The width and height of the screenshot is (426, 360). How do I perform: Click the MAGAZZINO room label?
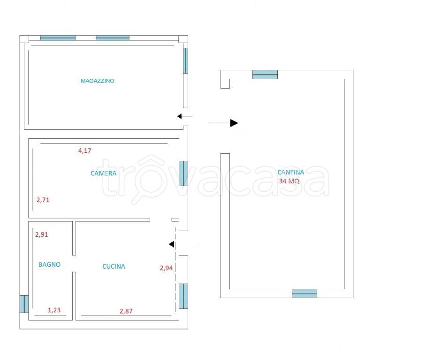(x=97, y=81)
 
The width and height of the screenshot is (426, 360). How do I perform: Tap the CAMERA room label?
(x=104, y=173)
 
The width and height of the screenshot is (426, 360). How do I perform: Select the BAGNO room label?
(x=49, y=264)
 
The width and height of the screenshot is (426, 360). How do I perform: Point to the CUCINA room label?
(x=114, y=266)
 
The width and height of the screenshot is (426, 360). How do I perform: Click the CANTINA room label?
(x=291, y=172)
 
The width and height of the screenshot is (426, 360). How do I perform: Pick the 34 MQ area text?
(x=289, y=181)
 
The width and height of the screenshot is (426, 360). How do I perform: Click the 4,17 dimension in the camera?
(x=85, y=150)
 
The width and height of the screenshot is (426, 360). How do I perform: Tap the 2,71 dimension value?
(x=43, y=200)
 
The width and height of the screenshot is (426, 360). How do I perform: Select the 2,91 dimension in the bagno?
(x=42, y=234)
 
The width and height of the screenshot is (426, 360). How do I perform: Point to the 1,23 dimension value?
(x=54, y=310)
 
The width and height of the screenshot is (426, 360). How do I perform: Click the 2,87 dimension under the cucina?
(x=126, y=311)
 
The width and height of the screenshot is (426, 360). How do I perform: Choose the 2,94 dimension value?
(x=166, y=268)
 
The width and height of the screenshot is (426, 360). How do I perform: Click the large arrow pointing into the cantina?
(x=223, y=123)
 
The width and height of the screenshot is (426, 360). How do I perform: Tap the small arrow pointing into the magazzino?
(x=185, y=116)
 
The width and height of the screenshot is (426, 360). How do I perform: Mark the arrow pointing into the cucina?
(x=183, y=244)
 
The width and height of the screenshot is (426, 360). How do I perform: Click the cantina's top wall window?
(x=265, y=75)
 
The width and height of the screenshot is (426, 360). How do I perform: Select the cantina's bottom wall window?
(x=304, y=293)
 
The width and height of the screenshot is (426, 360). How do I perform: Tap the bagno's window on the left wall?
(x=24, y=304)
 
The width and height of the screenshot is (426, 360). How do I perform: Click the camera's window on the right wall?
(x=183, y=173)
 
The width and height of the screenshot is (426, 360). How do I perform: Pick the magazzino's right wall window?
(x=186, y=60)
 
